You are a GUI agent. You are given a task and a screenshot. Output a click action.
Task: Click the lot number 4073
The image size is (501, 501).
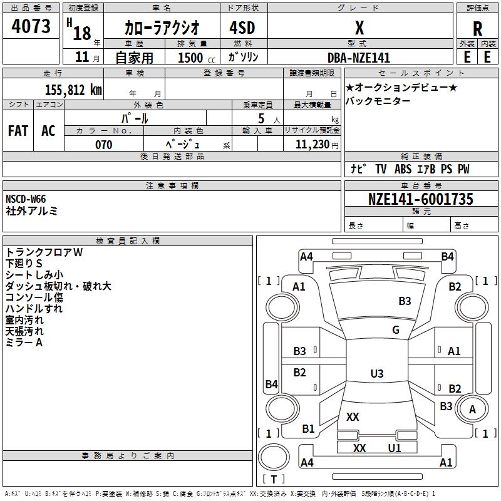point(31,26)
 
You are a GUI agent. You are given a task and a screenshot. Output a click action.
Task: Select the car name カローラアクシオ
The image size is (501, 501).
point(162,27)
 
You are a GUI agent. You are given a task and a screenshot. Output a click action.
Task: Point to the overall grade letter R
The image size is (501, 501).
point(477,28)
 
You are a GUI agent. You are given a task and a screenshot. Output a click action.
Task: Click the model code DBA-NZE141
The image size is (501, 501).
point(359,58)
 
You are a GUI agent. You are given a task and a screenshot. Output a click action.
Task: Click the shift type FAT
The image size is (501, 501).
point(18,130)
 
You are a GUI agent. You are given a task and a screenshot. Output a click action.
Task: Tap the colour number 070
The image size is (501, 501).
point(103,145)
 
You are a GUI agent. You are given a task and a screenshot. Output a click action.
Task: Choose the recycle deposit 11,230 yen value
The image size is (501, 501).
point(311,145)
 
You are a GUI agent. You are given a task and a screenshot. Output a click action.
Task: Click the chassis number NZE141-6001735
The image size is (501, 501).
point(421,199)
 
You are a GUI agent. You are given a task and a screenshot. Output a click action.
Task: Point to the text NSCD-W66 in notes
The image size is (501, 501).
point(26,199)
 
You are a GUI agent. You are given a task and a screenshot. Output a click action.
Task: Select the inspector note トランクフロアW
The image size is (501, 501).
point(44,252)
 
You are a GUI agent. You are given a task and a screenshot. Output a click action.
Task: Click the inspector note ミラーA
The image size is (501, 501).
point(24,343)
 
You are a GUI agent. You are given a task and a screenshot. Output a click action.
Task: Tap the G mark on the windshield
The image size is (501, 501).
point(396,330)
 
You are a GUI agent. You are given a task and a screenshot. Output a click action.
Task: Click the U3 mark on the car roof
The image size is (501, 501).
point(376,374)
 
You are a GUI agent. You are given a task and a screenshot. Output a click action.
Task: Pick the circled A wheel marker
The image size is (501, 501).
point(472,410)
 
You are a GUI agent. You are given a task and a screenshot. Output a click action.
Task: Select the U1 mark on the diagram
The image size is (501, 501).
point(394,448)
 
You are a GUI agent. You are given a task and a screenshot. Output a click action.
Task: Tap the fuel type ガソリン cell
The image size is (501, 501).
point(244,58)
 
